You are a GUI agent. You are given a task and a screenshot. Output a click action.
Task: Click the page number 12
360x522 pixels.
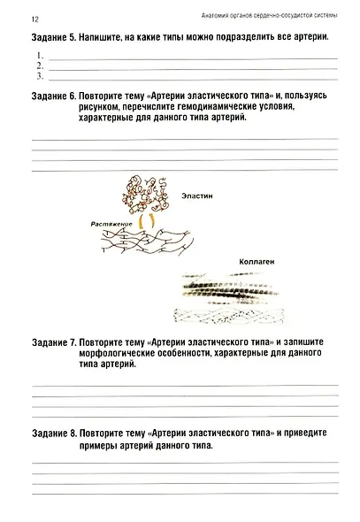pyautogui.click(x=34, y=19)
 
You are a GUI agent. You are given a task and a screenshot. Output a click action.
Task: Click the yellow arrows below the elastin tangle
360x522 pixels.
pyautogui.click(x=149, y=218)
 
